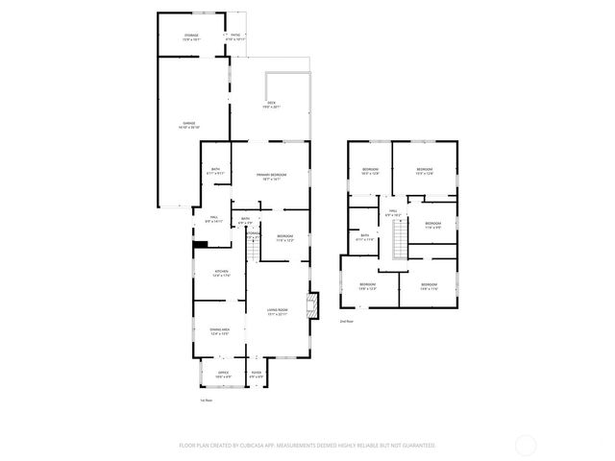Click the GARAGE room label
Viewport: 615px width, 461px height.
point(189,124)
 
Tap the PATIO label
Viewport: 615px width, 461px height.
point(235,36)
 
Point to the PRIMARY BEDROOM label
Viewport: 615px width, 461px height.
point(272,176)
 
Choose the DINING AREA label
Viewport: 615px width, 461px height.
point(220,332)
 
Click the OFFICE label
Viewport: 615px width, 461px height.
point(223,374)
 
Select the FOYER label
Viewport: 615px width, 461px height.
point(257,374)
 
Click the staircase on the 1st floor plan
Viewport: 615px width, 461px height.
point(254,248)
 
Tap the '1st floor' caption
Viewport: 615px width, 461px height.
point(204,400)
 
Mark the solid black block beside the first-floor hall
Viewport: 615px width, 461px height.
point(200,244)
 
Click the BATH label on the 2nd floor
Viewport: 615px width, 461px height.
point(365,236)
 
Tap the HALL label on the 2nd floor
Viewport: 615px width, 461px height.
point(392,213)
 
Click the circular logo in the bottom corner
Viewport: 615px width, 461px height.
point(526,446)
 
